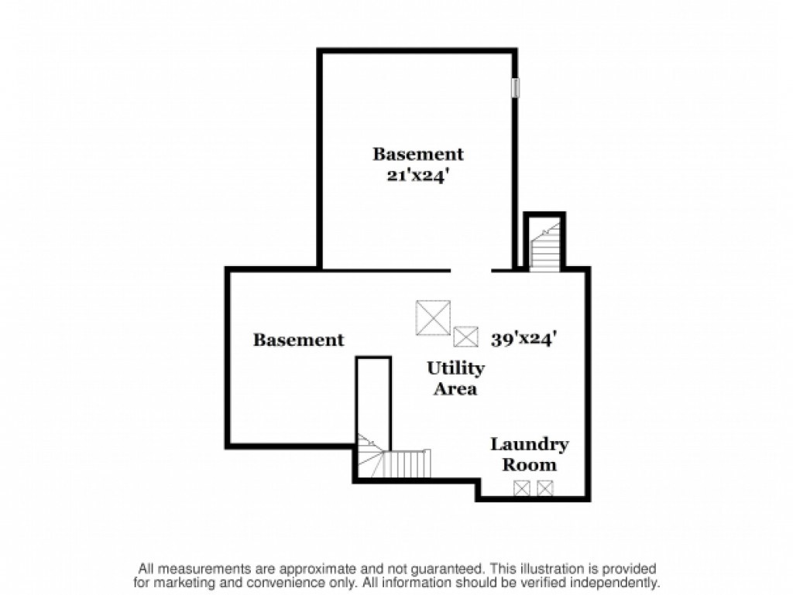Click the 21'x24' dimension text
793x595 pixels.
[418, 176]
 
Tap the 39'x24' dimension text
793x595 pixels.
[524, 338]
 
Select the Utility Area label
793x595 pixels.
[455, 378]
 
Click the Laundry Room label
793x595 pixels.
[530, 454]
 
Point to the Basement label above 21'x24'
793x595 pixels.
[418, 153]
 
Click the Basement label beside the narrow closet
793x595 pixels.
[298, 340]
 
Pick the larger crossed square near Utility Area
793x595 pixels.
[433, 317]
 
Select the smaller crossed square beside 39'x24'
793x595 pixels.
[465, 337]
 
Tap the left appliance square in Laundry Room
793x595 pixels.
[521, 488]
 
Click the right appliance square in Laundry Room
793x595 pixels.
[545, 488]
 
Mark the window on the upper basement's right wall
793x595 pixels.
[515, 87]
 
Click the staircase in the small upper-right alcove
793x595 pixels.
[544, 246]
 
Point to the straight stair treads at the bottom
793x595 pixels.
[407, 463]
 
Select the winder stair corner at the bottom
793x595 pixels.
[371, 456]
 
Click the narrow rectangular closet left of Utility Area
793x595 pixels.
[374, 403]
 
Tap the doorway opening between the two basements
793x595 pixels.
[471, 271]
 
